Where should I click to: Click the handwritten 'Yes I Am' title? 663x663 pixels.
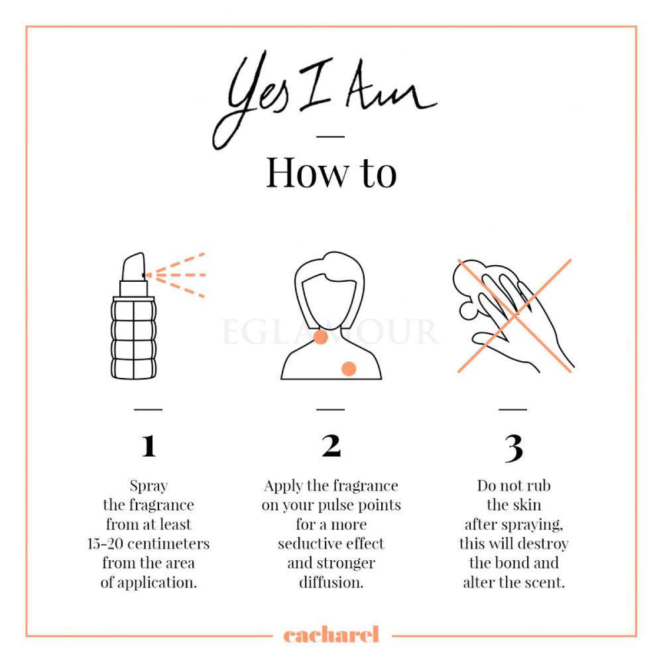tap(325, 99)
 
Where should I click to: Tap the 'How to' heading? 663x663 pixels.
tap(331, 172)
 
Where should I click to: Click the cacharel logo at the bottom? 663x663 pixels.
tap(331, 634)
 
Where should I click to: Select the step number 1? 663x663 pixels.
tap(149, 446)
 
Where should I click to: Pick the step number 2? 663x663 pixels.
tap(331, 446)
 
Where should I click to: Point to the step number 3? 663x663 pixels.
tap(514, 448)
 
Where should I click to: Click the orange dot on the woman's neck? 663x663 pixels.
tap(320, 337)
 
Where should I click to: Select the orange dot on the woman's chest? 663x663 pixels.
tap(349, 369)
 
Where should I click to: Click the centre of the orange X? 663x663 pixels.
tap(514, 316)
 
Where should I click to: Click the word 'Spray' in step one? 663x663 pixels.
tap(149, 486)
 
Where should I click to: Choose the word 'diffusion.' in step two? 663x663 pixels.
tap(331, 582)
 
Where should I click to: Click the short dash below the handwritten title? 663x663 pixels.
tap(331, 137)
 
